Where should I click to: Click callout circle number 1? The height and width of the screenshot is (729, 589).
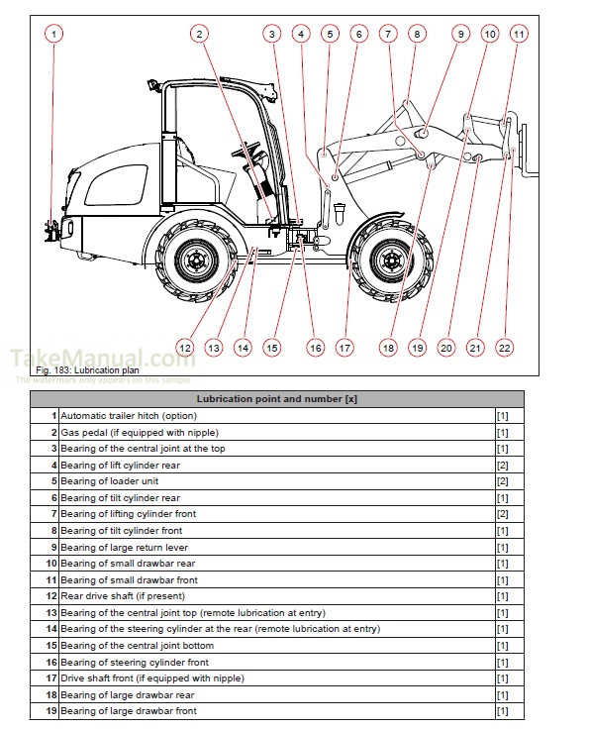click(53, 34)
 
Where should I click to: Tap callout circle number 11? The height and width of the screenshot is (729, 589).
click(519, 34)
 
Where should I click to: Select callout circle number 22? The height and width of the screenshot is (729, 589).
click(505, 348)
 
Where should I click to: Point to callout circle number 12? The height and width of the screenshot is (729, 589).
click(185, 348)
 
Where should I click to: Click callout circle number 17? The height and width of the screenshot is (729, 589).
click(344, 348)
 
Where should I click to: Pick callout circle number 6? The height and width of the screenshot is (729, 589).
click(358, 34)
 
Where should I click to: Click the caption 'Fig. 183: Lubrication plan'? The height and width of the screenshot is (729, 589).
click(77, 369)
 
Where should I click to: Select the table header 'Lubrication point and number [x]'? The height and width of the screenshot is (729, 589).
click(276, 398)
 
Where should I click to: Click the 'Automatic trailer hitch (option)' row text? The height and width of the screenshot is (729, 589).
click(129, 416)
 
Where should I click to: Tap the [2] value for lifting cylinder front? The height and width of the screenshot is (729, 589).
click(502, 514)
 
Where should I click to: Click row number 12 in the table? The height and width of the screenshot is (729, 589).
click(51, 596)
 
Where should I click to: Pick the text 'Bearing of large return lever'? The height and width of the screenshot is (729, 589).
click(124, 547)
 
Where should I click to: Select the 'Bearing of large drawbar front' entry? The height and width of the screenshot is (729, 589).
click(129, 711)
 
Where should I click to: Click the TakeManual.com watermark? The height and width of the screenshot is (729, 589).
click(103, 359)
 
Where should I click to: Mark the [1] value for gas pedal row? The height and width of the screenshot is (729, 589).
click(502, 433)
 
